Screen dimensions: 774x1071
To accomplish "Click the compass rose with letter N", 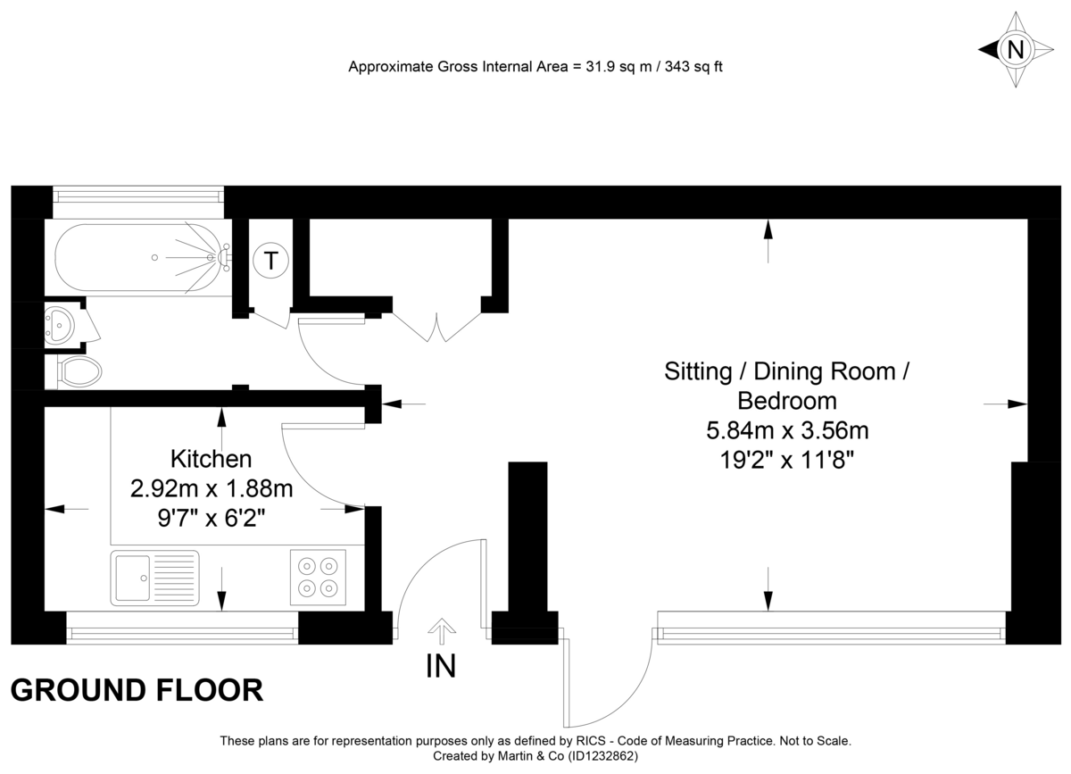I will pos(1015,49).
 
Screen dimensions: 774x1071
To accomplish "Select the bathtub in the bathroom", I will pos(138,258).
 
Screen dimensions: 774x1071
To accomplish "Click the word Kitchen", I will pos(211,460).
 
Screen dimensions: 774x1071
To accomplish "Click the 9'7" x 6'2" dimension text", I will pos(212,517).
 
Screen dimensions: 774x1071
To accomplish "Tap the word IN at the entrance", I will pos(441,666).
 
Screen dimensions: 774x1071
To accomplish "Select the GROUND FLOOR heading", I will pos(137,690).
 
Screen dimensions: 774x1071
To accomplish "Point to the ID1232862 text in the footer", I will pos(602,755).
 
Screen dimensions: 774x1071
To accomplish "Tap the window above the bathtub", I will pos(137,195).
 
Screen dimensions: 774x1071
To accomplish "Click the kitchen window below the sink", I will pos(182,633).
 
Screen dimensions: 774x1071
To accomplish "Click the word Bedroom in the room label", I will pos(786,401).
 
